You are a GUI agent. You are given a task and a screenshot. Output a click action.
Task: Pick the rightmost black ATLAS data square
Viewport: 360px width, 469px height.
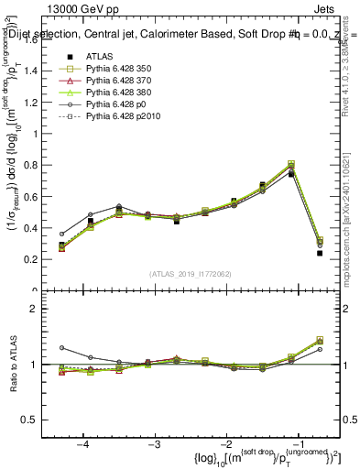pos(320,253)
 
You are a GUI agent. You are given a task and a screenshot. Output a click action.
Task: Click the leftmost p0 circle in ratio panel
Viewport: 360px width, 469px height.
pos(61,348)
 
